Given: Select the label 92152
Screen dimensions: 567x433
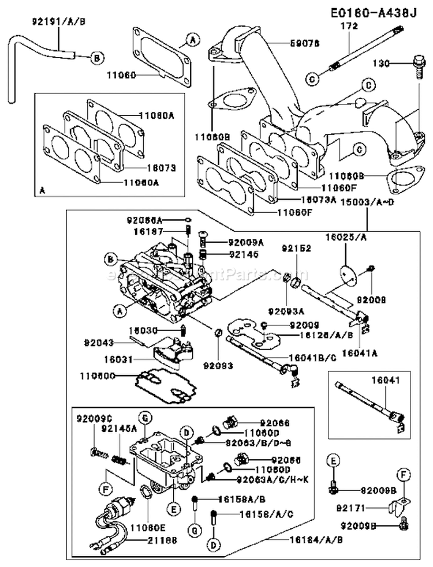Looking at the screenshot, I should tap(297, 248).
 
